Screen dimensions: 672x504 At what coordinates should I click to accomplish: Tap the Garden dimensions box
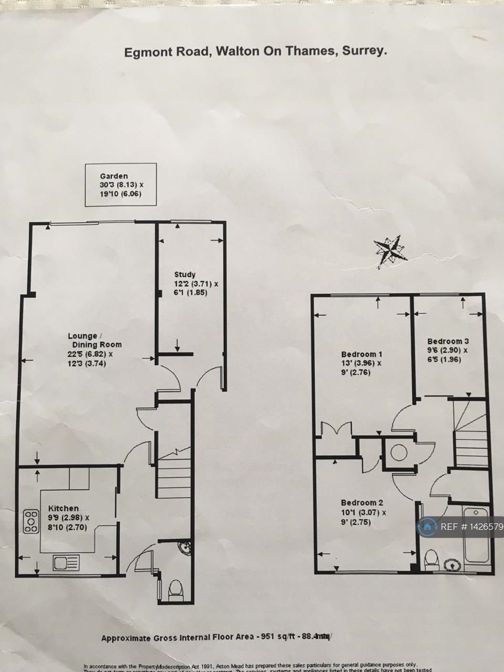[121, 184]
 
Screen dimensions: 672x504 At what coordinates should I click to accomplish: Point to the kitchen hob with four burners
[31, 521]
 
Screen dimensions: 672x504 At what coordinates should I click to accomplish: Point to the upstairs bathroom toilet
[432, 560]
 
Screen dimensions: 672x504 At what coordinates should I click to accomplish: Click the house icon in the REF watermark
[427, 527]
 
